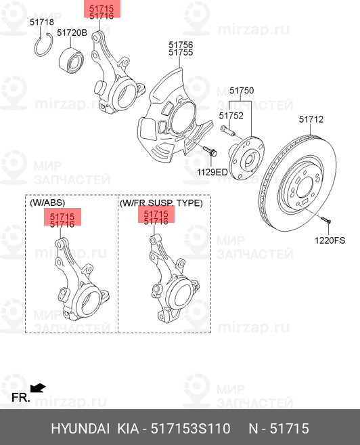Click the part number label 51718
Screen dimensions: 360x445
coord(42,22)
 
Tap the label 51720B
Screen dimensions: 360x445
coord(72,33)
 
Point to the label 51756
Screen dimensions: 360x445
coord(181,45)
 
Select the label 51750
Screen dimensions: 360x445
coord(242,90)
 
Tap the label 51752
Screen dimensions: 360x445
coord(231,116)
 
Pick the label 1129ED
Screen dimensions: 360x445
coord(212,172)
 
